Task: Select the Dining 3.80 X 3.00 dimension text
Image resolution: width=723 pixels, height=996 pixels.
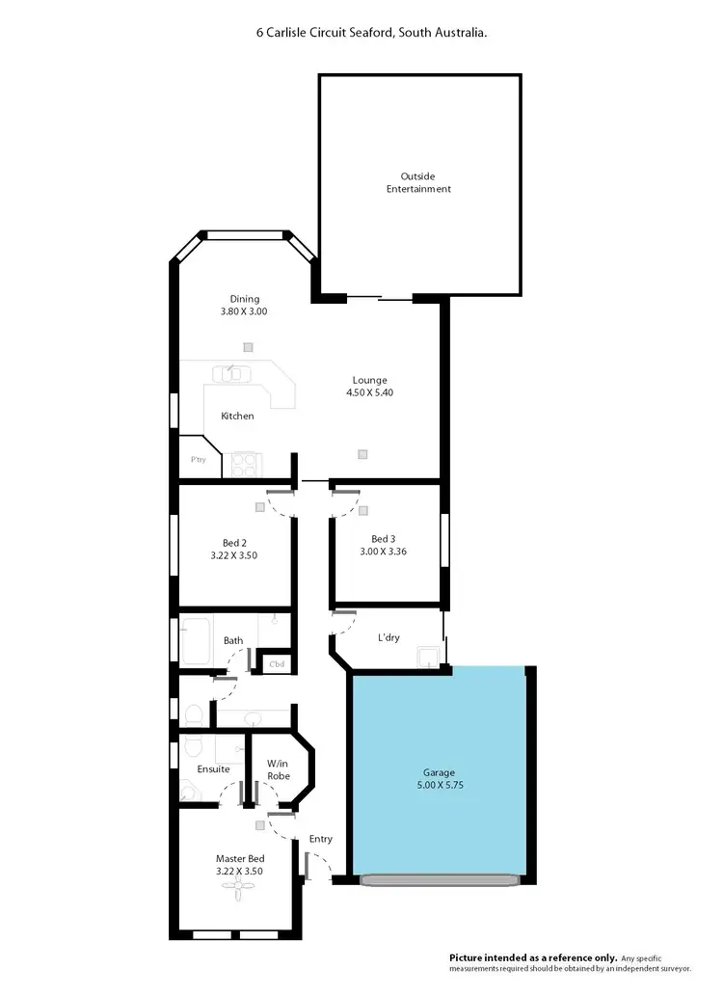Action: tap(244, 311)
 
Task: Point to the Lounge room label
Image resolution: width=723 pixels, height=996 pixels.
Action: tap(369, 380)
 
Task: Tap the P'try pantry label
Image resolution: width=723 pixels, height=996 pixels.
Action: tap(199, 460)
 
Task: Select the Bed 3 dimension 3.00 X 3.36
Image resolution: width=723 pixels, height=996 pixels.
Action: tap(383, 552)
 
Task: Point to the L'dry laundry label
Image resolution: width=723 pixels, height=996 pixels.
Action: tap(388, 638)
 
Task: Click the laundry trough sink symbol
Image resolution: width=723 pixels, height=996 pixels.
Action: tap(428, 658)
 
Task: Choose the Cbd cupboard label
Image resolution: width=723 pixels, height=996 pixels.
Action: tap(277, 663)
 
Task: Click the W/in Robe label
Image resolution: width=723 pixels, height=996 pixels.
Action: tap(279, 769)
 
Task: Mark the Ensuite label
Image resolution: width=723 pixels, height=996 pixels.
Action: tap(213, 769)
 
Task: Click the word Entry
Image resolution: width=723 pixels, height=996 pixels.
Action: tap(321, 839)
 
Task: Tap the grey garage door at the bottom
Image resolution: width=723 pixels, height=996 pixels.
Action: tap(440, 879)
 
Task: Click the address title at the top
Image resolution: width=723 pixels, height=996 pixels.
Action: tap(371, 32)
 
